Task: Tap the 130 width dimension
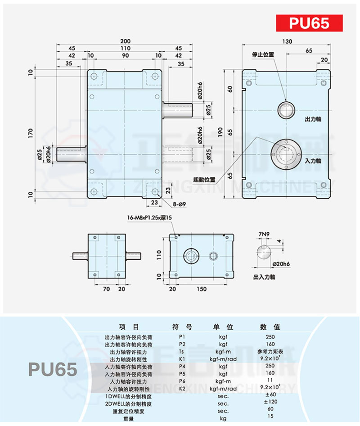pyautogui.click(x=288, y=41)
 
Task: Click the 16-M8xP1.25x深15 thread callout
pyautogui.click(x=150, y=218)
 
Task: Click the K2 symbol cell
pyautogui.click(x=181, y=388)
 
